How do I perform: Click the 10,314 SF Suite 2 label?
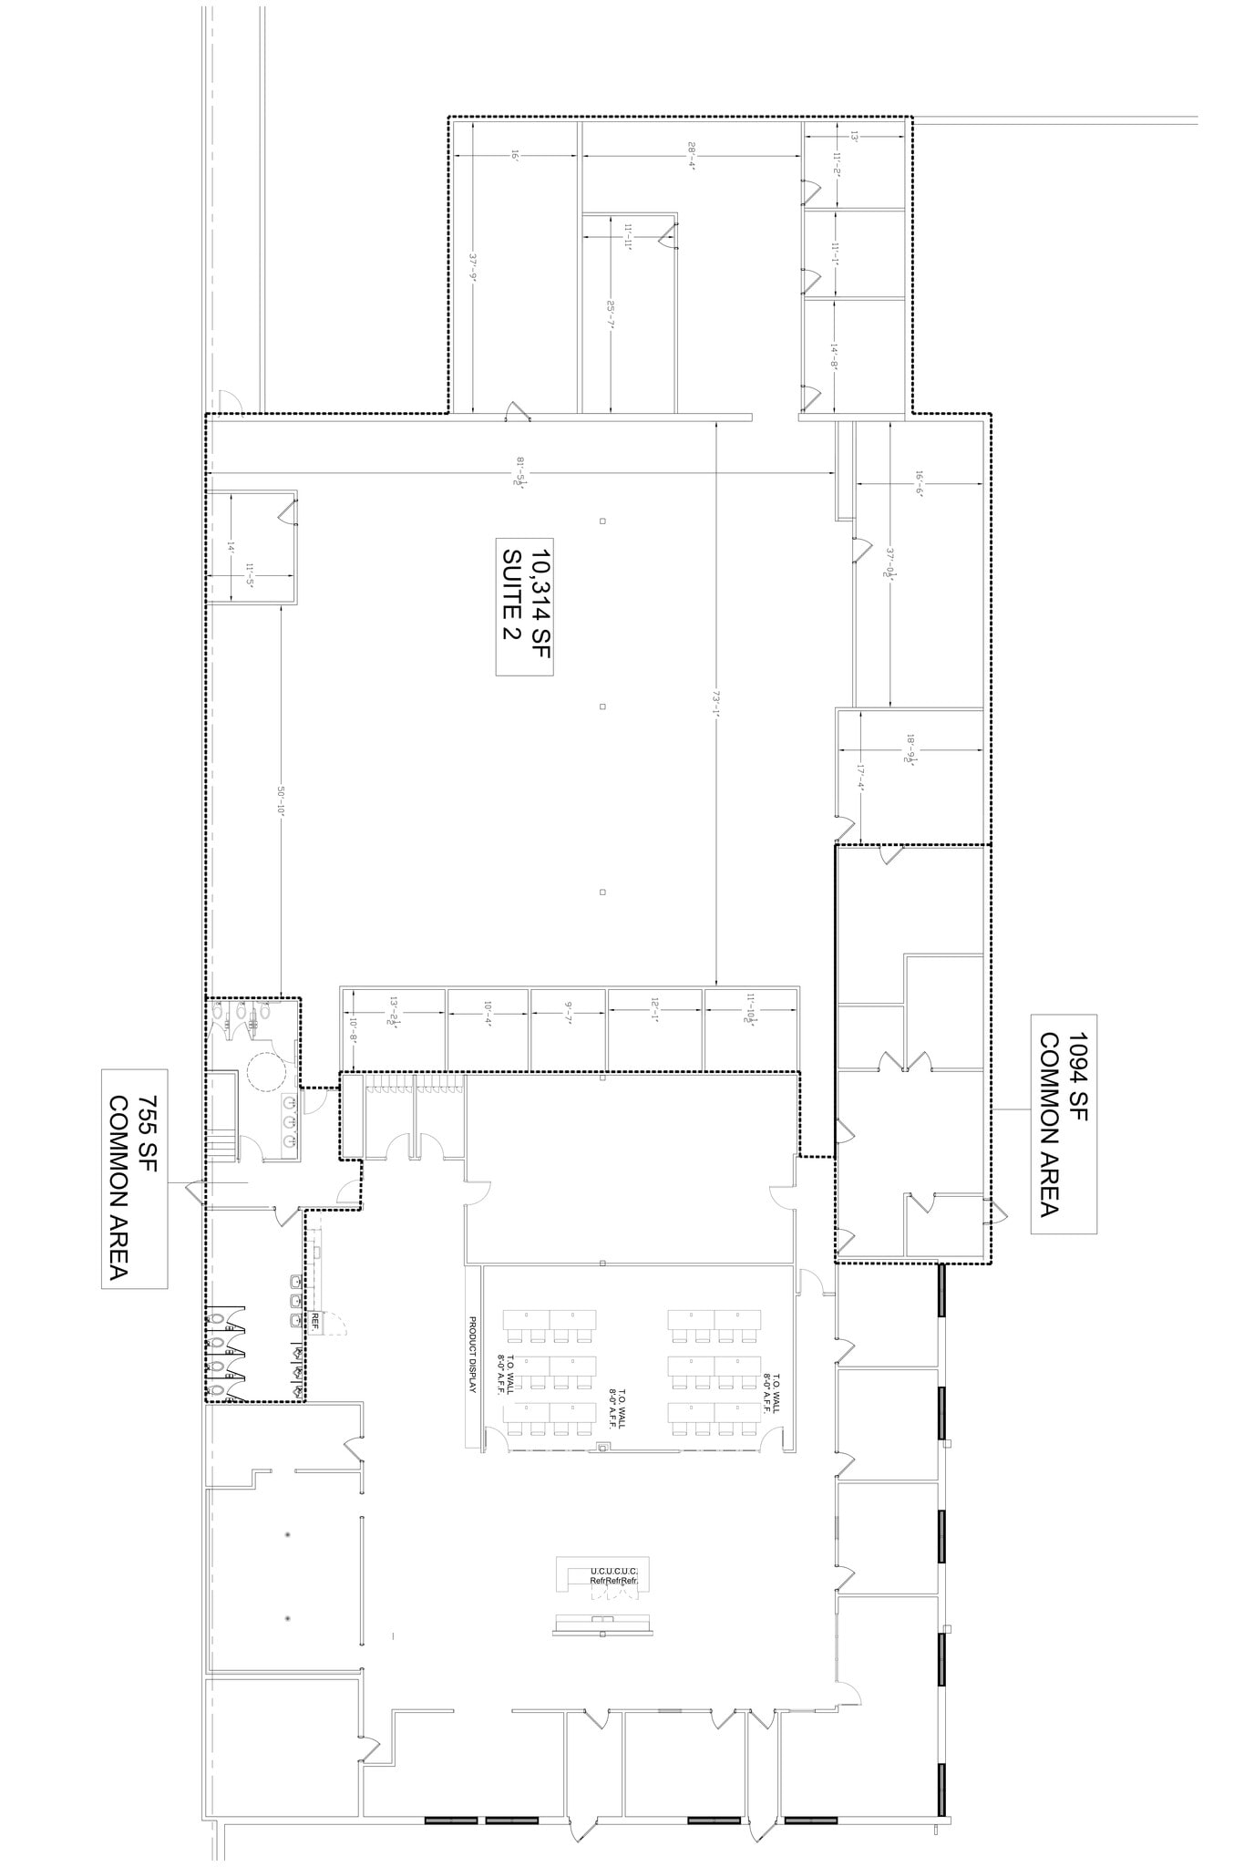[x=525, y=609]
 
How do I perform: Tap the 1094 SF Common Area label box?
[x=1063, y=1123]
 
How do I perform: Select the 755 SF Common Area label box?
[x=134, y=1179]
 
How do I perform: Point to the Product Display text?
[x=473, y=1354]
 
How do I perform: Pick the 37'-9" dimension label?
[x=474, y=270]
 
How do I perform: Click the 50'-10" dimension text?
[x=282, y=802]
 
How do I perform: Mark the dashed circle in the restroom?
[x=267, y=1068]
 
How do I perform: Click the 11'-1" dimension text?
[x=835, y=253]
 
